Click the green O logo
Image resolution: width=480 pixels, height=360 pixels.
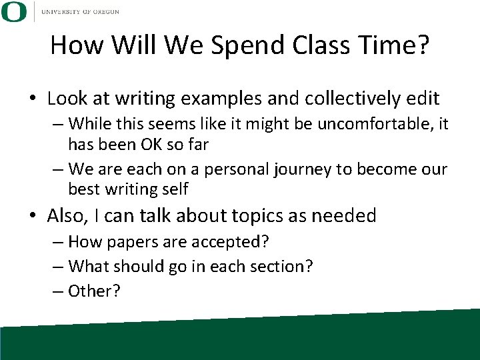(x=15, y=11)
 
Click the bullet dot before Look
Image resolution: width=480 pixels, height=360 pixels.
(x=33, y=100)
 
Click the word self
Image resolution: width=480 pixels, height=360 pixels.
(x=175, y=189)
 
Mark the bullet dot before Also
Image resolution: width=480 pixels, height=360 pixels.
(x=33, y=217)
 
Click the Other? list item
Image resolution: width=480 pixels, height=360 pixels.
(x=94, y=292)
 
